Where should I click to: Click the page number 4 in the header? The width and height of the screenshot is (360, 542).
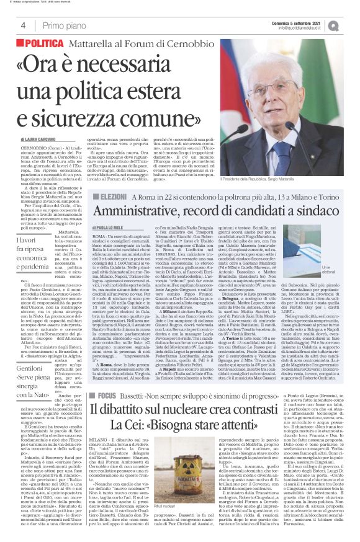click(x=23, y=25)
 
